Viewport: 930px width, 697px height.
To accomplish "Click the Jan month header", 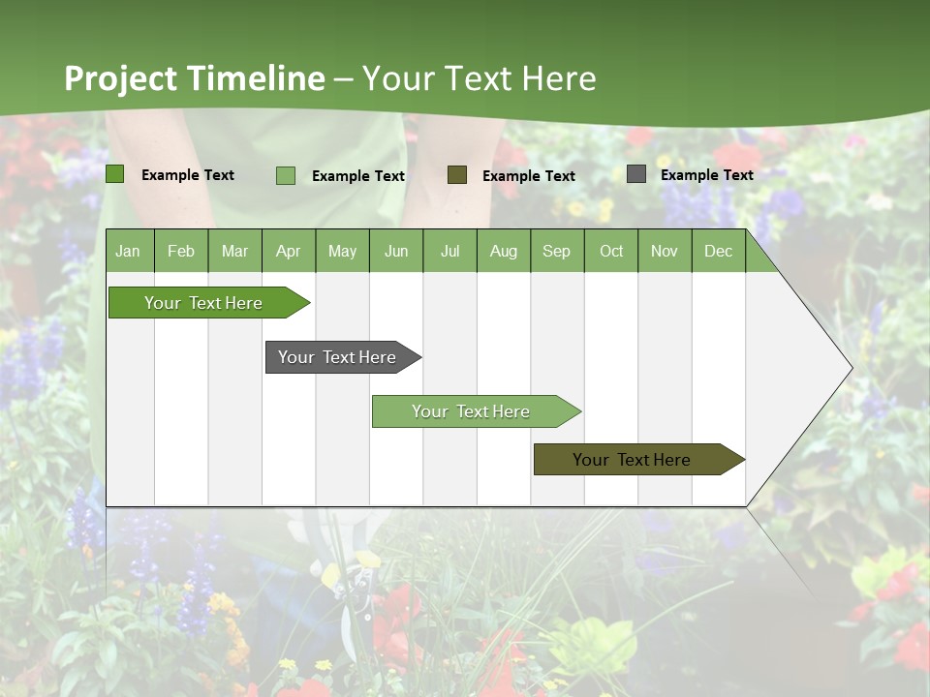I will point(128,252).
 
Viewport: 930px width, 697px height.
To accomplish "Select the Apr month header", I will point(288,252).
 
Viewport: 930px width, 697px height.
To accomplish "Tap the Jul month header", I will point(449,252).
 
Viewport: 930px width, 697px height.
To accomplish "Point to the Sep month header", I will point(556,252).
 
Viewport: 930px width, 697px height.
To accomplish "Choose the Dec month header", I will point(718,252).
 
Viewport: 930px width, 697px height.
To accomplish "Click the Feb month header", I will point(181,252).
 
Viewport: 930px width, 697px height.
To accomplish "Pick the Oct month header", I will point(611,252).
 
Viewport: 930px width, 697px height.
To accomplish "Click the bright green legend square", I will point(115,174).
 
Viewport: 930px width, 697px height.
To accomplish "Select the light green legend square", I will point(286,175).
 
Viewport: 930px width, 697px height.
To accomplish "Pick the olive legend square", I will point(457,174).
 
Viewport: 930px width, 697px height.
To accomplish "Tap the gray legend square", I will point(636,174).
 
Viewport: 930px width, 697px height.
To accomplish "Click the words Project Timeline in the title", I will point(194,78).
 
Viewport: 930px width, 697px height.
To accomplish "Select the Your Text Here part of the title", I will point(479,78).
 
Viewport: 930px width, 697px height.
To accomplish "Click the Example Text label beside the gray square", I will point(706,175).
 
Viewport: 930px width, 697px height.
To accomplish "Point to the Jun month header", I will point(396,252).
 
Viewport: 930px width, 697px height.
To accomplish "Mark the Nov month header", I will point(665,252).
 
